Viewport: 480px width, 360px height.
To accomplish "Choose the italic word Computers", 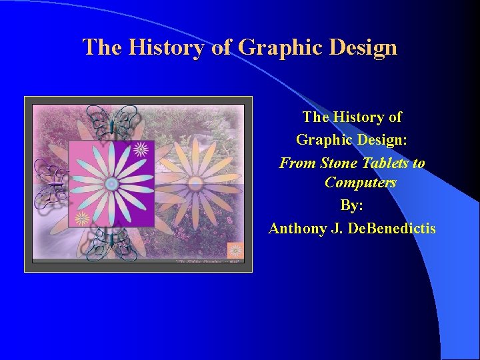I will click(x=360, y=182).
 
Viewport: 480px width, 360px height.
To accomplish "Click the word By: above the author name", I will click(x=352, y=205).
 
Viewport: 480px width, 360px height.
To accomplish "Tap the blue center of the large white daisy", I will click(x=111, y=183).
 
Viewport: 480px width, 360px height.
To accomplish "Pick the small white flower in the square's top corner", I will click(x=141, y=149).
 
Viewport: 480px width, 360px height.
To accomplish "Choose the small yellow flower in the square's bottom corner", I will click(x=82, y=217).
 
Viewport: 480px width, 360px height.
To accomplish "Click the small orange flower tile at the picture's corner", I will click(x=235, y=251).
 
